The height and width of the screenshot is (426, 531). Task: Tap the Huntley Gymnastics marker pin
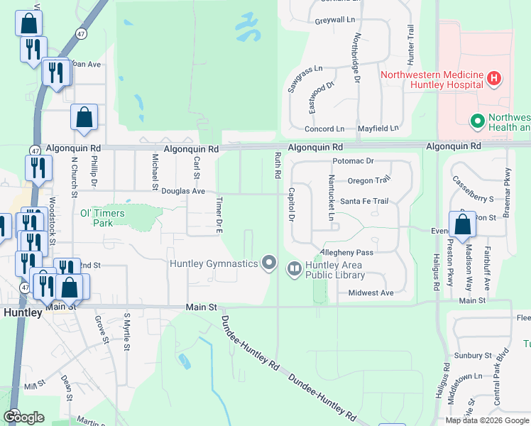tap(269, 263)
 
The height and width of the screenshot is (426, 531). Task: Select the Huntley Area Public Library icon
tap(294, 268)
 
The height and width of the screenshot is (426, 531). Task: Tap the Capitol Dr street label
tap(291, 204)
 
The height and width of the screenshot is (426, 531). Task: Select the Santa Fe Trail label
tap(364, 201)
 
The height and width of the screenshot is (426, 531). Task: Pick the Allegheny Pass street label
tap(346, 252)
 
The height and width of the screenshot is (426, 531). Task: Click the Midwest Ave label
tap(371, 293)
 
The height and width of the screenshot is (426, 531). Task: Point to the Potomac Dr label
tap(353, 161)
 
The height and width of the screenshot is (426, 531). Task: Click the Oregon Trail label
tap(369, 180)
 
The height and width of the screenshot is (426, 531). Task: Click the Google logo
tap(23, 417)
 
